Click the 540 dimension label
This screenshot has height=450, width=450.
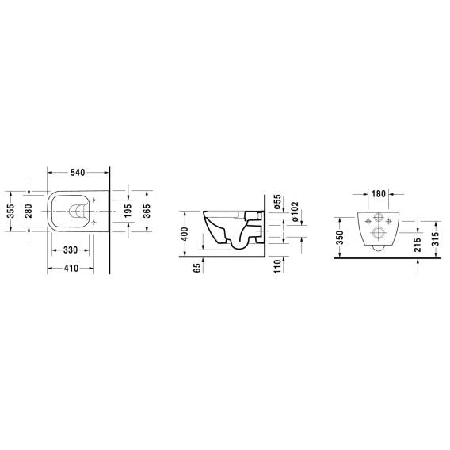[x=78, y=173]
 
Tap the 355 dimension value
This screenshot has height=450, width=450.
[x=10, y=211]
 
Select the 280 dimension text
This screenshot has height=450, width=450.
[x=29, y=211]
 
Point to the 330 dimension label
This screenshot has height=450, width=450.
[x=71, y=250]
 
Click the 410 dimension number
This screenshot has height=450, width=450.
[x=71, y=269]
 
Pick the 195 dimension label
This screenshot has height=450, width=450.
[x=128, y=211]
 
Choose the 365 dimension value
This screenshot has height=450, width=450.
[x=147, y=211]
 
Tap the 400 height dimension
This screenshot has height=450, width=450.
[x=185, y=234]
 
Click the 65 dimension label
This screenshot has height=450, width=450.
[x=197, y=268]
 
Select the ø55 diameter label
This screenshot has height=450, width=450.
[x=277, y=201]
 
